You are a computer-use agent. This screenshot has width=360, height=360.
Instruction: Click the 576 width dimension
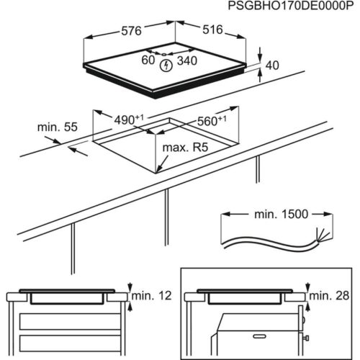(130, 31)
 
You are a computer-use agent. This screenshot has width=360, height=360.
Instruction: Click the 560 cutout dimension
(212, 120)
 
